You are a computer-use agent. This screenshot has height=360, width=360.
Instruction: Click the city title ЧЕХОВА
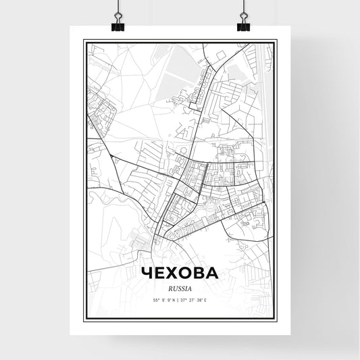[x=180, y=273]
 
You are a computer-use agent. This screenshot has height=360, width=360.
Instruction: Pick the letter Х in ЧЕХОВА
[x=174, y=273]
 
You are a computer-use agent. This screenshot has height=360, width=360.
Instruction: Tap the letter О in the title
[x=187, y=273]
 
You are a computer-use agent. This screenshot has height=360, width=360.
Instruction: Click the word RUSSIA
[x=180, y=286]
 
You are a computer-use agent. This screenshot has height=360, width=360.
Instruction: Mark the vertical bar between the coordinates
[x=180, y=299]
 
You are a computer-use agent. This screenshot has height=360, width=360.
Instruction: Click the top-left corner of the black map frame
[x=84, y=40]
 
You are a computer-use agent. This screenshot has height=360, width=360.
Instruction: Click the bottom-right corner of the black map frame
[x=277, y=319]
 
